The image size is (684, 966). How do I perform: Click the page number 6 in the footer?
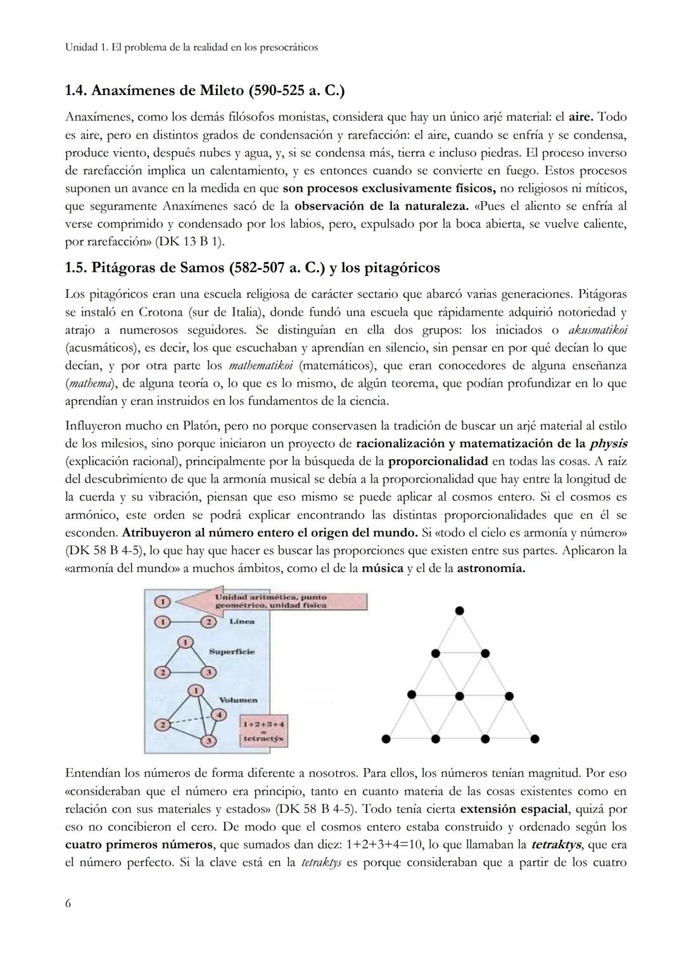[x=68, y=903]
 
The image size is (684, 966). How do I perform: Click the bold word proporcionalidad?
[x=438, y=461]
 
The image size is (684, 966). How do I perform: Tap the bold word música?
[x=382, y=568]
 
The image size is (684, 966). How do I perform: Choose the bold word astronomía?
[x=491, y=568]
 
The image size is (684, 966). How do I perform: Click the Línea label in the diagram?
[x=242, y=621]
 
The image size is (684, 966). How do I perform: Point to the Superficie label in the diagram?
[x=232, y=652]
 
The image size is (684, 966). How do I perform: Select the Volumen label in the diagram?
[x=238, y=700]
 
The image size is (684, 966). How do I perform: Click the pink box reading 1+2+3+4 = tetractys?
[x=263, y=731]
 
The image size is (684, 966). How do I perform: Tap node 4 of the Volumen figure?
[x=219, y=715]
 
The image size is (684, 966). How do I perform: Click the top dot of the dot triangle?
[x=460, y=610]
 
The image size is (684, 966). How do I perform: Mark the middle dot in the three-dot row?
[x=460, y=695]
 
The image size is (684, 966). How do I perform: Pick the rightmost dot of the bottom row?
[x=535, y=738]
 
